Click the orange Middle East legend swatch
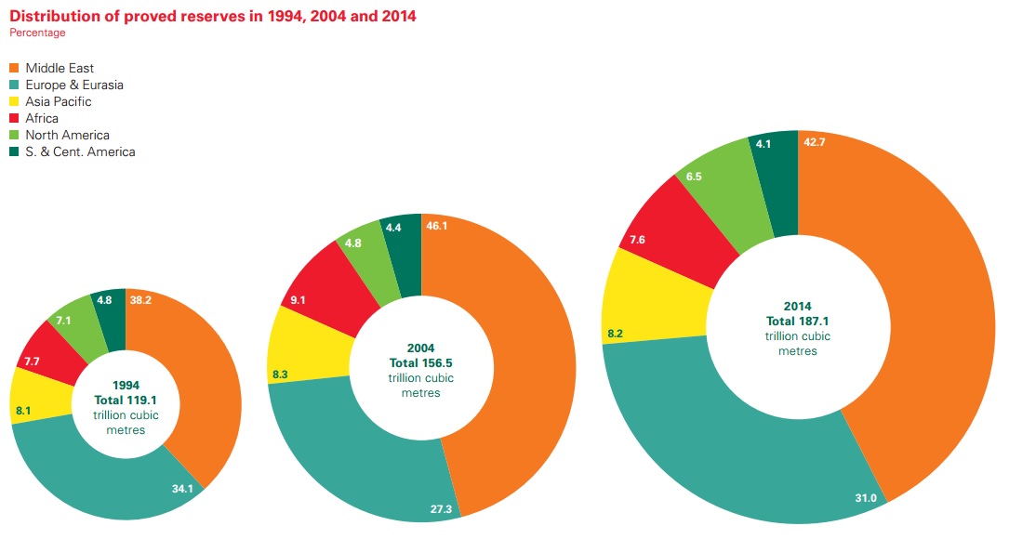[14, 69]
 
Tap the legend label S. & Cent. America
[80, 152]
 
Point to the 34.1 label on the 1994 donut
[182, 488]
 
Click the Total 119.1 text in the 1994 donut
[126, 400]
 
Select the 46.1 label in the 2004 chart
[436, 226]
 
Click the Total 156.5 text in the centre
[420, 363]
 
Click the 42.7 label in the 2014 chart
[815, 142]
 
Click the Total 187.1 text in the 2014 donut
[797, 321]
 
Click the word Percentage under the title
[37, 33]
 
